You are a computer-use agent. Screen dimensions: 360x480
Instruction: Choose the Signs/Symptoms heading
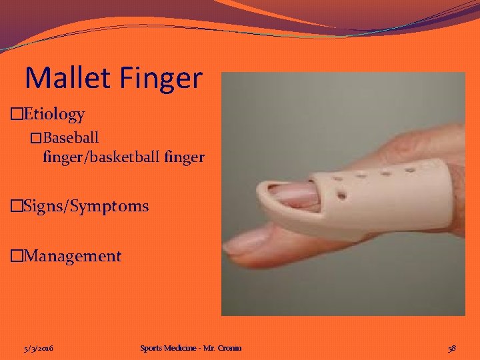(x=85, y=206)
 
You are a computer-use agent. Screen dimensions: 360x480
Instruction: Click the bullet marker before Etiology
(x=17, y=115)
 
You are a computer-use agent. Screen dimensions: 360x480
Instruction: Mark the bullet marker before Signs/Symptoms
(x=17, y=207)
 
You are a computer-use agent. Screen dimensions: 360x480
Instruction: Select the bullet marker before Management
(x=17, y=257)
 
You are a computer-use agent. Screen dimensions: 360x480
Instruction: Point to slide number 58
(x=452, y=348)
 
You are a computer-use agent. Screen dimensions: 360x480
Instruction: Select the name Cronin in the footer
(x=230, y=348)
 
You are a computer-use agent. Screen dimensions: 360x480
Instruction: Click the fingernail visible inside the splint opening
(x=293, y=194)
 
